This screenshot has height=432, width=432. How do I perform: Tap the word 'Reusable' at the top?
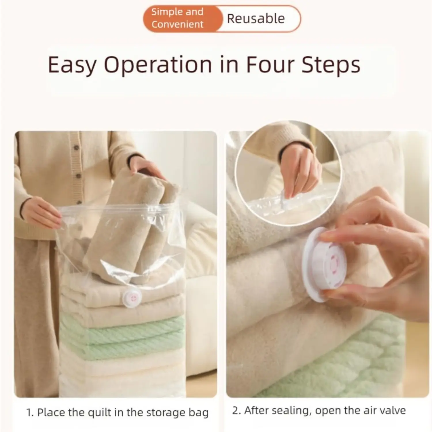pos(256,19)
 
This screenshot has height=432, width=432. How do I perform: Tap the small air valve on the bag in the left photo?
pos(131,298)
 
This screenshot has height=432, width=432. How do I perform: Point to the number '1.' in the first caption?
pos(30,412)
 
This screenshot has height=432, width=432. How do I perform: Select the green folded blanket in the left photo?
pos(122,334)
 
